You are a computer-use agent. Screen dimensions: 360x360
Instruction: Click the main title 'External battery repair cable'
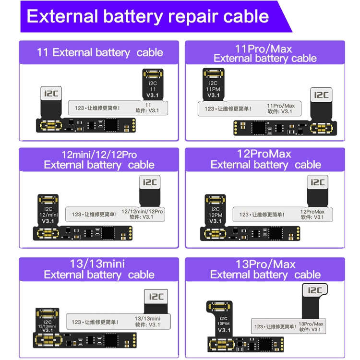[x=147, y=16]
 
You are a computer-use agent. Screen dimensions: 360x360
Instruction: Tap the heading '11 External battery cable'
[x=100, y=52]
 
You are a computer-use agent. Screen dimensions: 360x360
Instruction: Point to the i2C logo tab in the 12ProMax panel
[x=317, y=182]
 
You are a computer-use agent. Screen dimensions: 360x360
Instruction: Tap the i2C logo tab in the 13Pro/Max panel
[x=315, y=290]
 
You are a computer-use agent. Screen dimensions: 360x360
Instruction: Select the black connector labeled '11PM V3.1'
[x=213, y=84]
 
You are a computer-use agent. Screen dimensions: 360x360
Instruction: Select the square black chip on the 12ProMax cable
[x=276, y=234]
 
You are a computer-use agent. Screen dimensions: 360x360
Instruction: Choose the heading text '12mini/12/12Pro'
[x=99, y=155]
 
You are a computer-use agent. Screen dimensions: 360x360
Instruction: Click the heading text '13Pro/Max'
[x=265, y=264]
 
